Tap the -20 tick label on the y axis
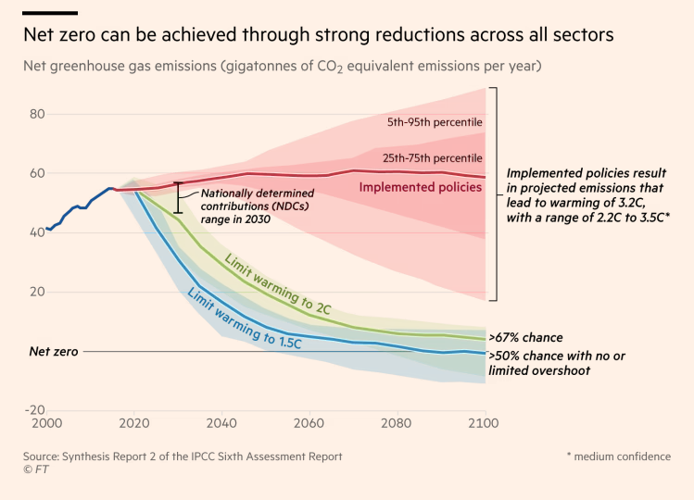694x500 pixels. click(35, 410)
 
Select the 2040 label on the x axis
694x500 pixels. click(221, 423)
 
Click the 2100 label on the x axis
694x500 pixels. click(483, 423)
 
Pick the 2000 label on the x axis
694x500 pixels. click(46, 423)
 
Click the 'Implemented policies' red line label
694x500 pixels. click(420, 187)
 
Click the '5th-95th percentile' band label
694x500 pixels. click(435, 122)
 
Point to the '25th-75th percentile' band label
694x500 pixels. click(433, 158)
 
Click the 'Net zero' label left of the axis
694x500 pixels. click(54, 352)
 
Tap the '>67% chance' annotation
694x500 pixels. click(525, 338)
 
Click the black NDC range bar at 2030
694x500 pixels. click(178, 198)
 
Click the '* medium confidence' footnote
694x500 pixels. click(618, 456)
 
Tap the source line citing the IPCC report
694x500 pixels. click(183, 456)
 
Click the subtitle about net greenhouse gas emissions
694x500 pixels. click(283, 67)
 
